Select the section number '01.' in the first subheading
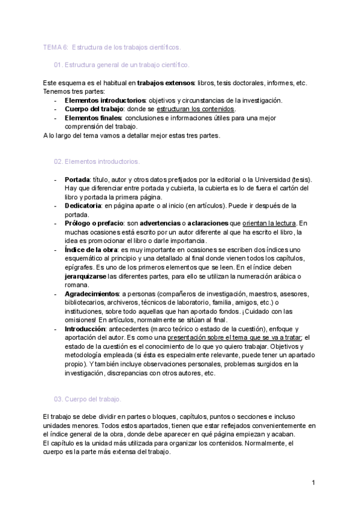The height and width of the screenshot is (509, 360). pos(59,64)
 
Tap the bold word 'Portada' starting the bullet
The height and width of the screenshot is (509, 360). pos(77,179)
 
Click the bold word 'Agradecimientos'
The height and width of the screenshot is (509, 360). pos(91,294)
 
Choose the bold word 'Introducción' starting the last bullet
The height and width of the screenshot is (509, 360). pos(86,329)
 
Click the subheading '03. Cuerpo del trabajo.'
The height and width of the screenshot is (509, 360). pos(88,399)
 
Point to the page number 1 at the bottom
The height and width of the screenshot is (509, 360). pos(313,483)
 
